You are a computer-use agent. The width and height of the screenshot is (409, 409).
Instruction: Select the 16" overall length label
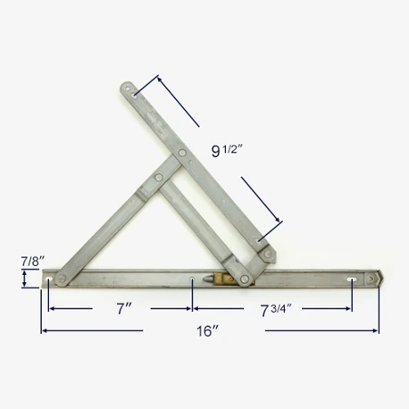pyautogui.click(x=206, y=331)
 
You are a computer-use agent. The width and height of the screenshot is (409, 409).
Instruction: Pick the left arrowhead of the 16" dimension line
pyautogui.click(x=42, y=331)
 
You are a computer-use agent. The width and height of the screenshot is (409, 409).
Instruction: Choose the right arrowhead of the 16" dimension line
pyautogui.click(x=379, y=331)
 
